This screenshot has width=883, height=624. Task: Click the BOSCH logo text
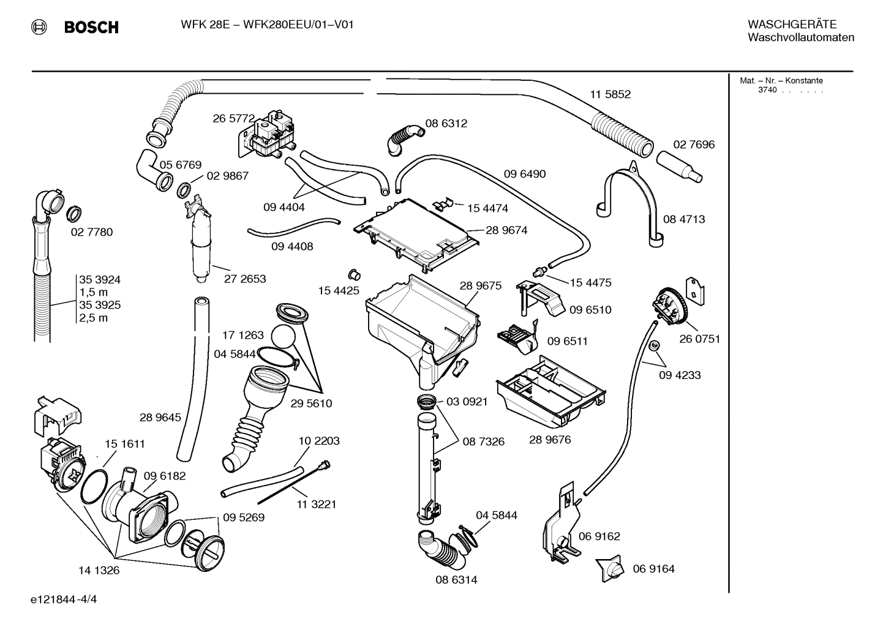91,27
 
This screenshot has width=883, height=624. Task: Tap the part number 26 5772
233,118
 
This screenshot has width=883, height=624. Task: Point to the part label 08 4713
684,219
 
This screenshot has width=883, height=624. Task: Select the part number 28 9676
550,440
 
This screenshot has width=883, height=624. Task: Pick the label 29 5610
311,403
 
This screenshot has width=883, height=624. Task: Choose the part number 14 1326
99,570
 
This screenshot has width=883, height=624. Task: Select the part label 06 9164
653,569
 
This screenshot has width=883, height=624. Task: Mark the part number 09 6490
524,174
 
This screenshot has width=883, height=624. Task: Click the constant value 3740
767,90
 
